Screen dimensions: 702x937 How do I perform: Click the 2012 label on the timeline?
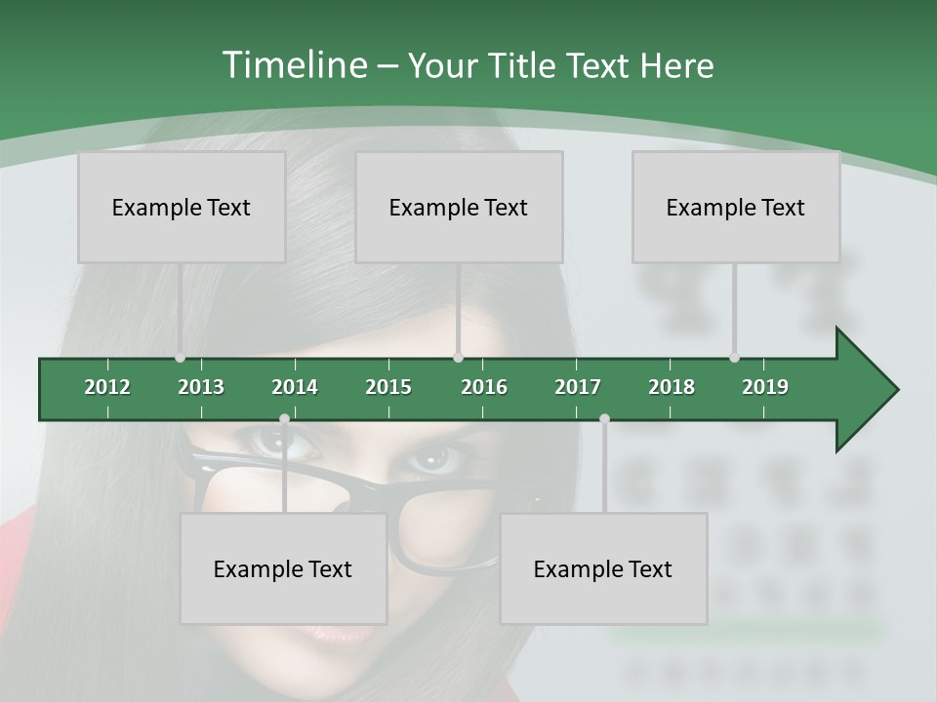coord(107,387)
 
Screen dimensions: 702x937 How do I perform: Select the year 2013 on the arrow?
coord(201,387)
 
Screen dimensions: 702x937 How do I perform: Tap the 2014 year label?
coord(295,387)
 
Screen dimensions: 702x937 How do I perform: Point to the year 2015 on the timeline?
coord(388,387)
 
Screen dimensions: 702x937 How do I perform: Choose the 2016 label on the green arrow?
coord(484,387)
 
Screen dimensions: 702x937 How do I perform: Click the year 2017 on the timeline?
coord(578,387)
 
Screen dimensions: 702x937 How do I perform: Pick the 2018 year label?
coord(672,387)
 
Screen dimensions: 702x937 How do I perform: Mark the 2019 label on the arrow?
coord(765,387)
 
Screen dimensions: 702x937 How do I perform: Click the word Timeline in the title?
coord(294,65)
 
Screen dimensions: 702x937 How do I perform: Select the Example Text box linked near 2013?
coord(182,207)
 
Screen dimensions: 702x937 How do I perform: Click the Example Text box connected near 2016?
coord(459,207)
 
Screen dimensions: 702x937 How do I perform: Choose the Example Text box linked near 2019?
coord(736,207)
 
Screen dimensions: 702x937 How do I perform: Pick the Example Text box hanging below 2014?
coord(283,568)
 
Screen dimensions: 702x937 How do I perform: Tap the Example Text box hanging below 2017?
coord(603,568)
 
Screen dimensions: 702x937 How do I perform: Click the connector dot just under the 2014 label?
coord(284,419)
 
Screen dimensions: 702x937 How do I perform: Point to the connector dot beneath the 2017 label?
coord(604,419)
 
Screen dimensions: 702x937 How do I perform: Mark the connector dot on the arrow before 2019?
coord(734,358)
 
